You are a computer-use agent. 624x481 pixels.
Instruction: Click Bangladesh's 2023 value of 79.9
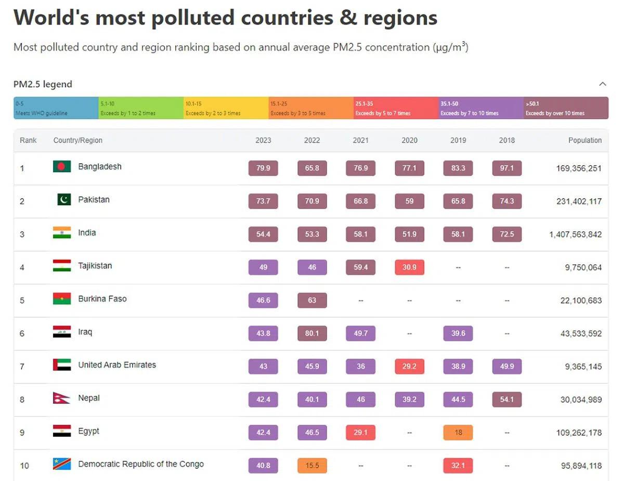click(263, 168)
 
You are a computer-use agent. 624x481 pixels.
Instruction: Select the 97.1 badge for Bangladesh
click(507, 168)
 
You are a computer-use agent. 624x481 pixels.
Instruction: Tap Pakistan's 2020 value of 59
click(409, 201)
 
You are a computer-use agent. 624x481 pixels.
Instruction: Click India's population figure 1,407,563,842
click(576, 235)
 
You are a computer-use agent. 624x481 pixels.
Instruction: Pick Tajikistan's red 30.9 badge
click(409, 267)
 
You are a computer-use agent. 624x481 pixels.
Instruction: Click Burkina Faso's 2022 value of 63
click(312, 301)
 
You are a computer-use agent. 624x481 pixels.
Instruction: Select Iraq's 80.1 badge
click(312, 333)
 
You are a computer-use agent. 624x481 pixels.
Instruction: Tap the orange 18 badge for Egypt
click(458, 433)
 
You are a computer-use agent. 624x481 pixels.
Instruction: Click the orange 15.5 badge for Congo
click(312, 465)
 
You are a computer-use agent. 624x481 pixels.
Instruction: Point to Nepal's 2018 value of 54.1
click(507, 399)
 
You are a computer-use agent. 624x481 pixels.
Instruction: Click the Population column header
click(585, 140)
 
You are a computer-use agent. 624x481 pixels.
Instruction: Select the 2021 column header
click(361, 140)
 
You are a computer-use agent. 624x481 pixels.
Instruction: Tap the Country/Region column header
click(78, 140)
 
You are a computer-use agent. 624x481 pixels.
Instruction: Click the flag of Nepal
click(61, 398)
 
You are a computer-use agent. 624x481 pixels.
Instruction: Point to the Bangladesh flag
click(62, 167)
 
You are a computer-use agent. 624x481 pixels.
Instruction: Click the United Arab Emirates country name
click(117, 365)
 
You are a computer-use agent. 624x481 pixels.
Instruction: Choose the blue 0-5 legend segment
click(56, 108)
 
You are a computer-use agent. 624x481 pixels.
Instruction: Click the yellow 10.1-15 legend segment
click(226, 108)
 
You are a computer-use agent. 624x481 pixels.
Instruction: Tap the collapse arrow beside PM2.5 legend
click(603, 84)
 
